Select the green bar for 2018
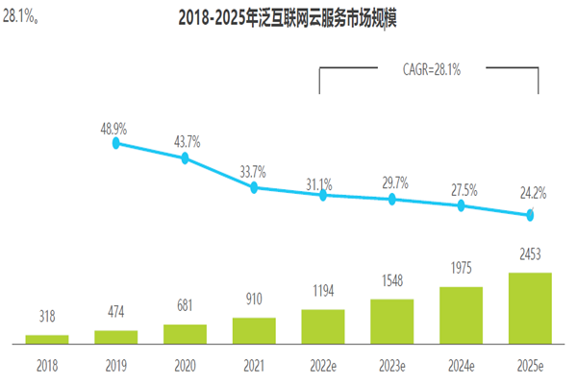point(46,339)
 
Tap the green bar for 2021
point(254,330)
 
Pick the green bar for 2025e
point(530,307)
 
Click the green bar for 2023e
point(391,321)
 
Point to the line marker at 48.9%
point(116,143)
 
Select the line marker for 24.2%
point(530,215)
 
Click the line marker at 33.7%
point(254,187)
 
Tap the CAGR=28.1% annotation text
point(429,69)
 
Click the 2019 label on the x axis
point(115,366)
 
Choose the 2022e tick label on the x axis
point(323,366)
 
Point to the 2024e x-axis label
point(461,366)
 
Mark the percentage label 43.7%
point(185,141)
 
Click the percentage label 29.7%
point(392,182)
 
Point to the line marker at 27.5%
point(461,205)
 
